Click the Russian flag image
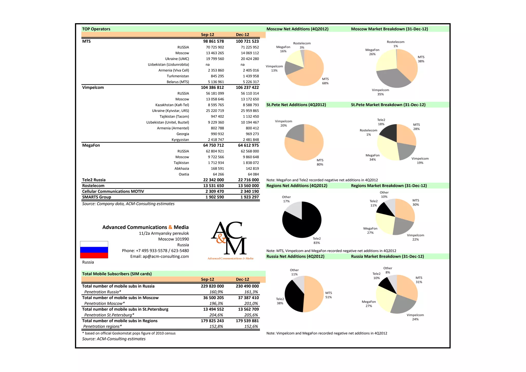[94, 249]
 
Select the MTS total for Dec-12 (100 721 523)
[247, 41]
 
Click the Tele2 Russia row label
[94, 180]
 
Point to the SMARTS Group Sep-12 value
[214, 197]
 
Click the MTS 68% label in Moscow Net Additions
[325, 81]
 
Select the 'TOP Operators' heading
[96, 29]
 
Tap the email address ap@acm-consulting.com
[159, 256]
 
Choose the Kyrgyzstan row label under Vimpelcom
[180, 140]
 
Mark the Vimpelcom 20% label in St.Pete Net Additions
[284, 123]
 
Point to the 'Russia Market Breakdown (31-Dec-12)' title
[387, 256]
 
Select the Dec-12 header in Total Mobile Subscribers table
[242, 279]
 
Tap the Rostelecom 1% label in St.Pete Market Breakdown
[368, 132]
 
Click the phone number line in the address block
[155, 251]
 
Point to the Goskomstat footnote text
[129, 333]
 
